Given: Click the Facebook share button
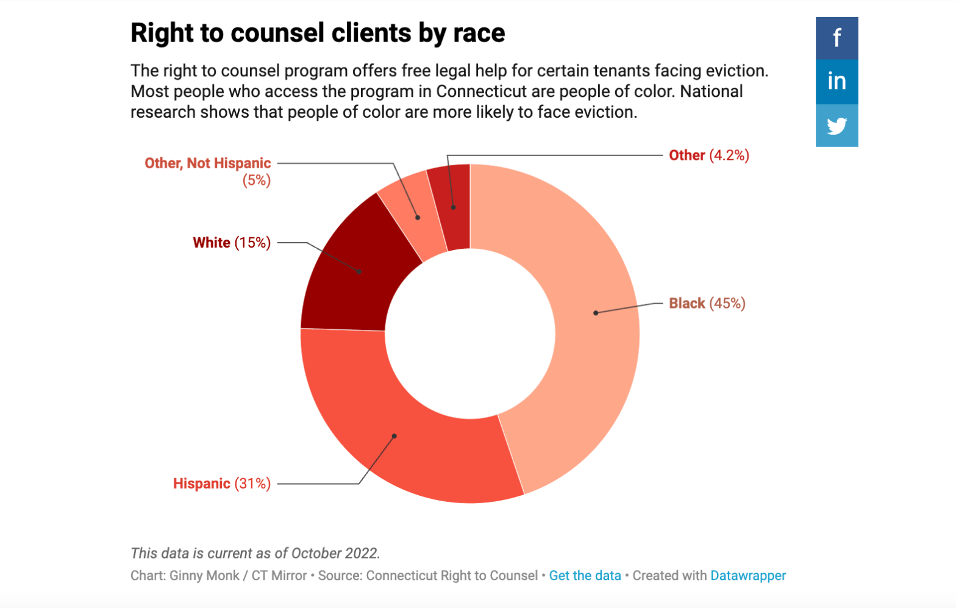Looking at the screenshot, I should pyautogui.click(x=836, y=38).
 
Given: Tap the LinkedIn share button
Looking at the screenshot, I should pyautogui.click(x=836, y=81).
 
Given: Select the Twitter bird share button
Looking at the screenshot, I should pyautogui.click(x=836, y=126).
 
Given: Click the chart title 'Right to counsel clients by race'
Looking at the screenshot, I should pyautogui.click(x=317, y=33).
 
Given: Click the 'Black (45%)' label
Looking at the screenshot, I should pyautogui.click(x=707, y=303).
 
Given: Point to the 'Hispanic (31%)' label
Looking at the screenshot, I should pyautogui.click(x=221, y=484).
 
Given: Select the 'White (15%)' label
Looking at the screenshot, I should pyautogui.click(x=231, y=243).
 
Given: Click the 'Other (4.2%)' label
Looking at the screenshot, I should pyautogui.click(x=708, y=156).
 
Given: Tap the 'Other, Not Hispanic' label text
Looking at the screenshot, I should pyautogui.click(x=207, y=163).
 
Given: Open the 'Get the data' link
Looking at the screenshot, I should pyautogui.click(x=585, y=576).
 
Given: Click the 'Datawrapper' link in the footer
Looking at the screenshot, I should pyautogui.click(x=747, y=576).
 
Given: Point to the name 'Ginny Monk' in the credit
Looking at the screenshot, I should pyautogui.click(x=204, y=576).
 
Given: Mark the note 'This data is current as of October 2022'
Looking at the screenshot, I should pyautogui.click(x=255, y=553).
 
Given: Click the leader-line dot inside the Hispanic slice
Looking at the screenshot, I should pyautogui.click(x=394, y=436).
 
